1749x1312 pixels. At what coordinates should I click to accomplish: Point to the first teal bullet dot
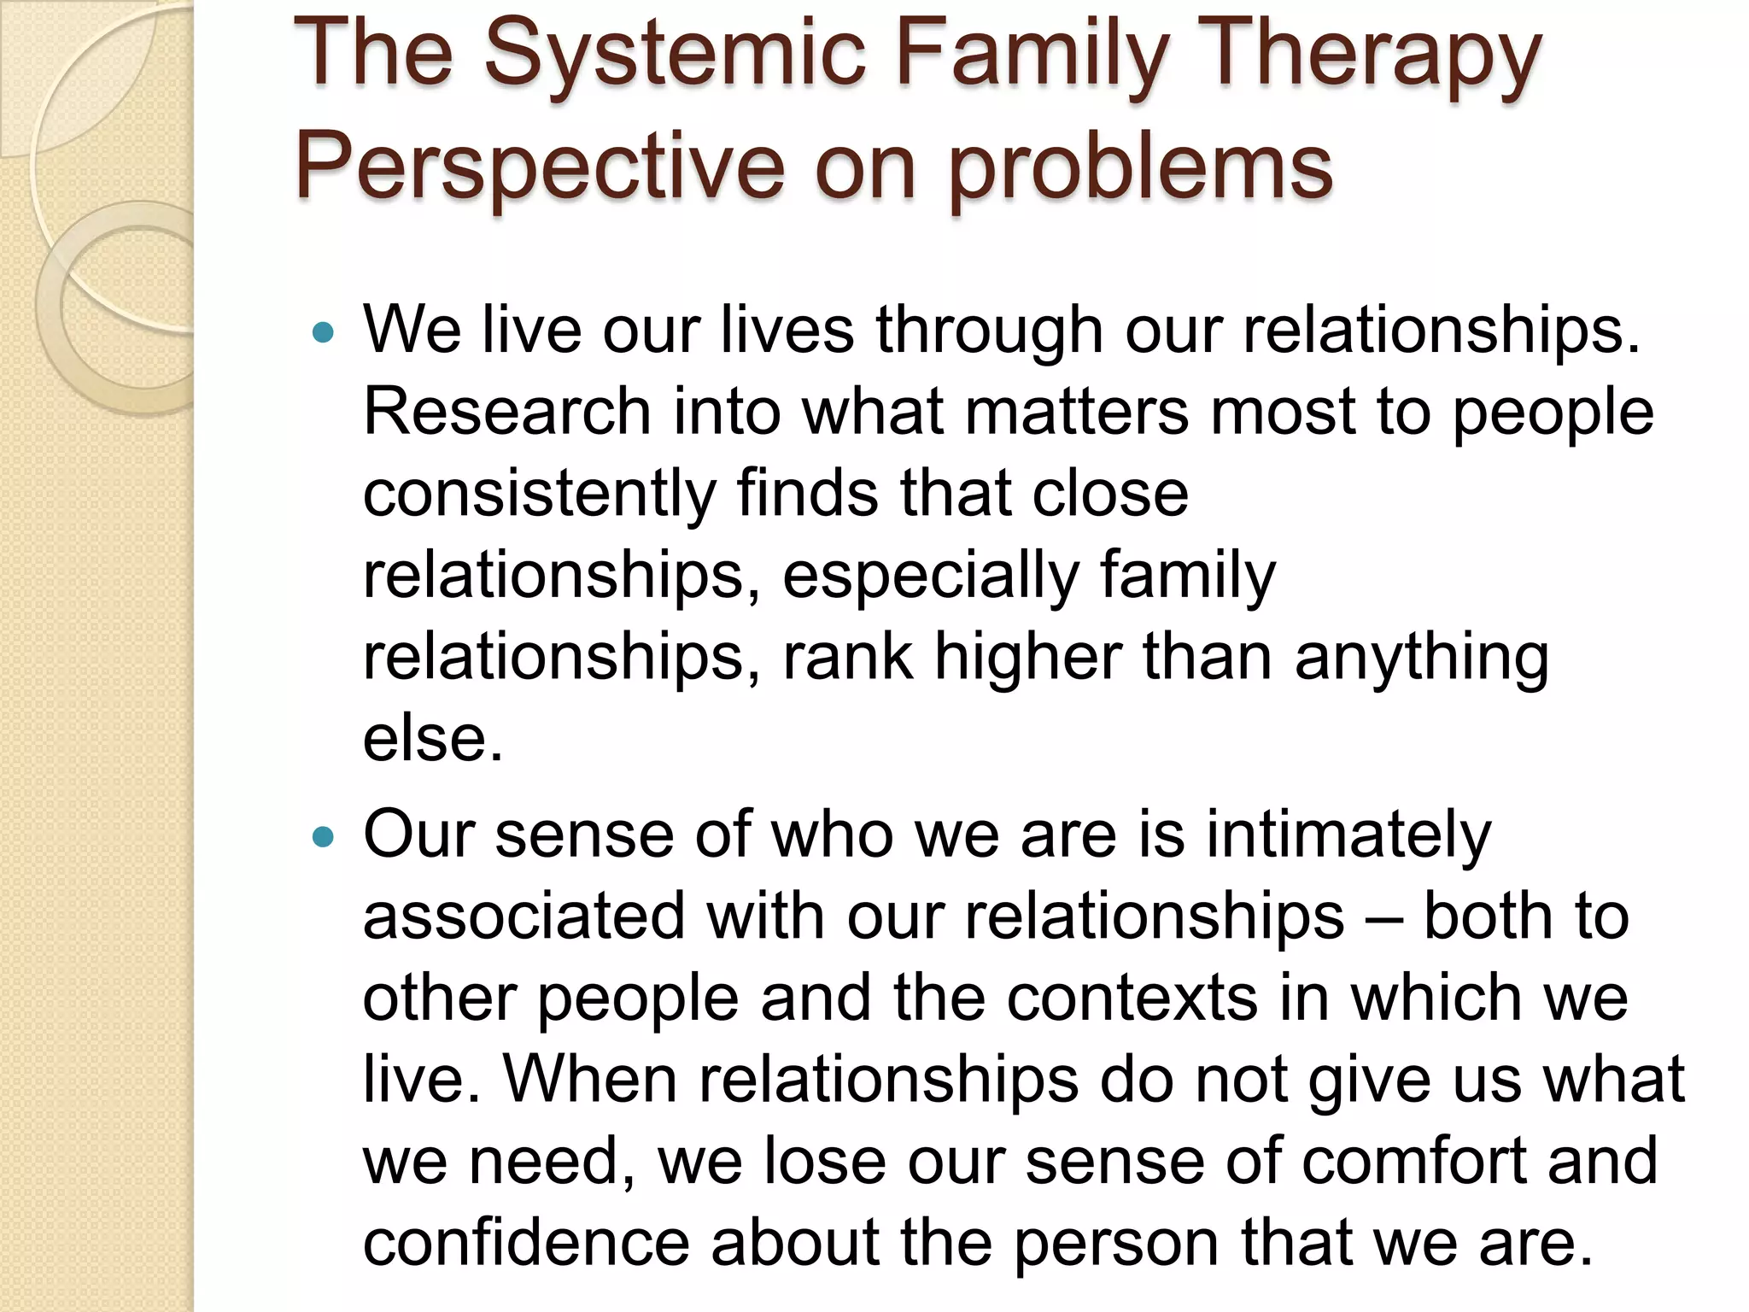(x=322, y=332)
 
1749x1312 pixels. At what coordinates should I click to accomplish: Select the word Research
(x=507, y=412)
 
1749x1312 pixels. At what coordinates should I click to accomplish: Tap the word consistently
(x=539, y=494)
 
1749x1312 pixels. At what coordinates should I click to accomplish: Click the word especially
(x=930, y=576)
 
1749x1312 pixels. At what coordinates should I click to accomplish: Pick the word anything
(x=1421, y=658)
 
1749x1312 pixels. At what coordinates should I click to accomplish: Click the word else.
(x=431, y=740)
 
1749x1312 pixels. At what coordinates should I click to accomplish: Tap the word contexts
(x=1132, y=999)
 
